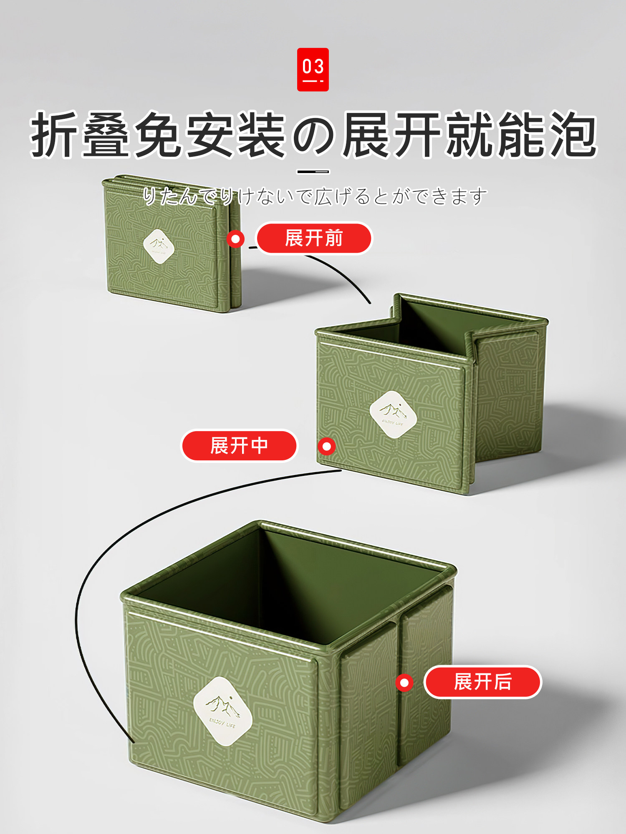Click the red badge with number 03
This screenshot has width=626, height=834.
tap(313, 69)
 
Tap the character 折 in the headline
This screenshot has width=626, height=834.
tap(54, 134)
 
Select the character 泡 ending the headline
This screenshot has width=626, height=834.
tap(573, 134)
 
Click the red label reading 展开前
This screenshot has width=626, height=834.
tap(313, 238)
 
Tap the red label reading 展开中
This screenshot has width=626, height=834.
tap(239, 445)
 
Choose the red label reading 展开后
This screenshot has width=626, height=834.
tap(482, 682)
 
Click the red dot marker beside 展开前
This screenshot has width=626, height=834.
tap(236, 239)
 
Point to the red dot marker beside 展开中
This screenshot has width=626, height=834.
tap(327, 446)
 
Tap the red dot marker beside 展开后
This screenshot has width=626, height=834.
tap(404, 683)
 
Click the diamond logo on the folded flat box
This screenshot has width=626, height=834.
tap(159, 246)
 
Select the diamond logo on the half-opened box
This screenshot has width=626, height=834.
tap(393, 414)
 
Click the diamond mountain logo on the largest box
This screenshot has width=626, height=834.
tap(223, 711)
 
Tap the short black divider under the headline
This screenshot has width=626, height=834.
tap(313, 171)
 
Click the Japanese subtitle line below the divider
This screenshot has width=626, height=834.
tap(315, 196)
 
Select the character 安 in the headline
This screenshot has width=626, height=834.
tap(209, 134)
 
